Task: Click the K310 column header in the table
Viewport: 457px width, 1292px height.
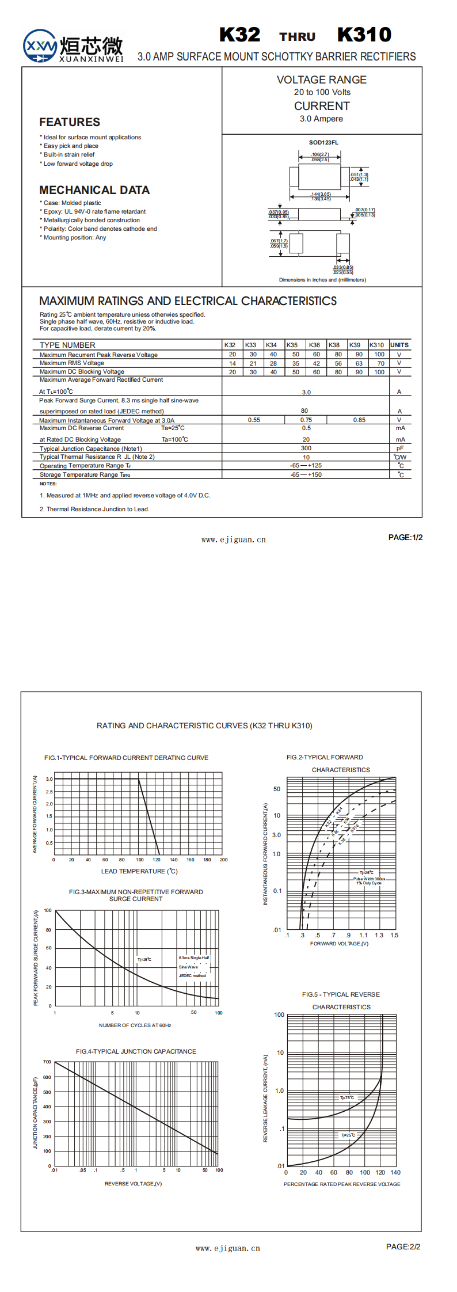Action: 376,345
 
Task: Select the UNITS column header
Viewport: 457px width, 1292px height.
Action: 399,345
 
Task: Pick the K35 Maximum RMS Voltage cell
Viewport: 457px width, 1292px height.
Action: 295,363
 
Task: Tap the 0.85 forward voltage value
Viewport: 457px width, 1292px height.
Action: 359,420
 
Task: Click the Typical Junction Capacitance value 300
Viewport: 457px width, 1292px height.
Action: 306,448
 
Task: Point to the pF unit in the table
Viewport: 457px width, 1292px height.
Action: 399,448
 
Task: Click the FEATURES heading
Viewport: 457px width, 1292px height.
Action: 70,122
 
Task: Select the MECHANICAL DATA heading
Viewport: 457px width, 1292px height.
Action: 94,190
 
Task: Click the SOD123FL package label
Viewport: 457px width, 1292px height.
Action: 323,142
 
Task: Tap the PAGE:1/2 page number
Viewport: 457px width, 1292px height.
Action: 405,537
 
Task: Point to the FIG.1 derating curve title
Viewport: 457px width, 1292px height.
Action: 126,758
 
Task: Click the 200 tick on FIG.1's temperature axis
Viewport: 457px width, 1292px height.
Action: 223,860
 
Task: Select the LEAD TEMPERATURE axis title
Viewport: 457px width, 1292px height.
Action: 139,871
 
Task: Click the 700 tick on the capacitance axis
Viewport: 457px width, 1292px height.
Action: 47,1062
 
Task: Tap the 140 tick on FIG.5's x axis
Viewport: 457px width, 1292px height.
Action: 395,1172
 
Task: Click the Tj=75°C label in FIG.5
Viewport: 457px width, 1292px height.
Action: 347,1098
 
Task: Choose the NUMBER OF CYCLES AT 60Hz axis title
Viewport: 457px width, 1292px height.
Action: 135,1025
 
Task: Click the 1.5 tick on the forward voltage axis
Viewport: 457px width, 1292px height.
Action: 394,935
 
